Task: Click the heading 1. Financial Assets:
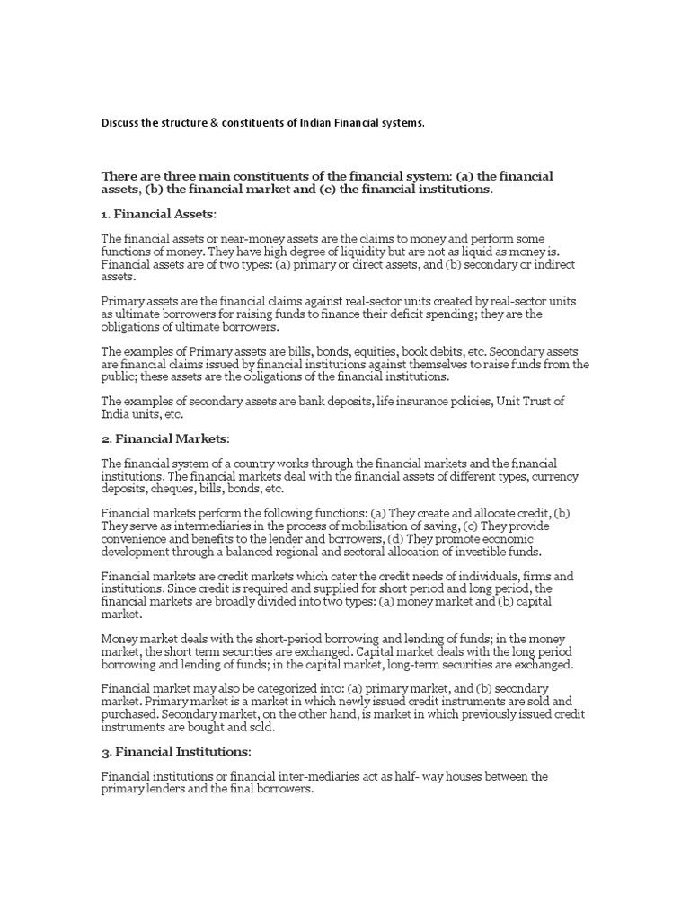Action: coord(159,215)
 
